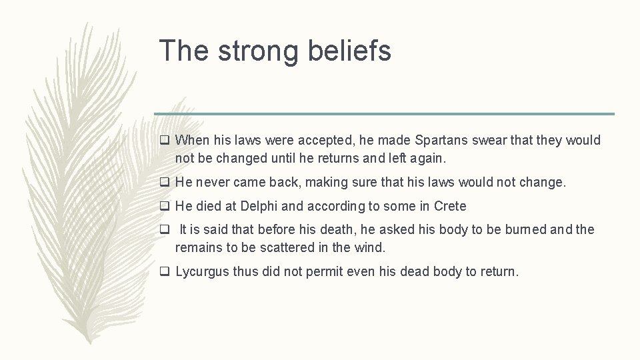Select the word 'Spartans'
[438, 141]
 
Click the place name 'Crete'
[450, 206]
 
